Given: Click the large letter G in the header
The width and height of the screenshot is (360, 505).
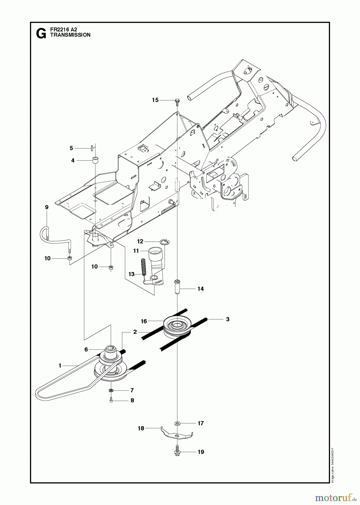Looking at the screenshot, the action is click(41, 34).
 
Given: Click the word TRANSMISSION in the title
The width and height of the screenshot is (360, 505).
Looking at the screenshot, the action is click(70, 35).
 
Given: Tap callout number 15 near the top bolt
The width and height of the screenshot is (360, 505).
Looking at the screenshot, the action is click(155, 100).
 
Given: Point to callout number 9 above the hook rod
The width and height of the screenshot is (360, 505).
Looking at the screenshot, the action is click(47, 207).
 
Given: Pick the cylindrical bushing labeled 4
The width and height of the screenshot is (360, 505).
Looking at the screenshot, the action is click(96, 161).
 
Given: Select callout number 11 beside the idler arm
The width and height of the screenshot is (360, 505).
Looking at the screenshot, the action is click(136, 251).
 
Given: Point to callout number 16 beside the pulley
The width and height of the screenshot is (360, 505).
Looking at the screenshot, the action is click(144, 321).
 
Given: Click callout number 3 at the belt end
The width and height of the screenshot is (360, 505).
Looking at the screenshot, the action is click(228, 319).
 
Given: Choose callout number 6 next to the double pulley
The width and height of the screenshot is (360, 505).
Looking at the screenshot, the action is click(86, 349).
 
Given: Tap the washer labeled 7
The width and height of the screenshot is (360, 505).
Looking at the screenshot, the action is click(111, 390).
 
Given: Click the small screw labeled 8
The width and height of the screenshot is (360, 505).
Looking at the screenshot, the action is click(111, 400).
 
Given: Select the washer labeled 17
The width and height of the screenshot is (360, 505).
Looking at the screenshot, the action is click(177, 423).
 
